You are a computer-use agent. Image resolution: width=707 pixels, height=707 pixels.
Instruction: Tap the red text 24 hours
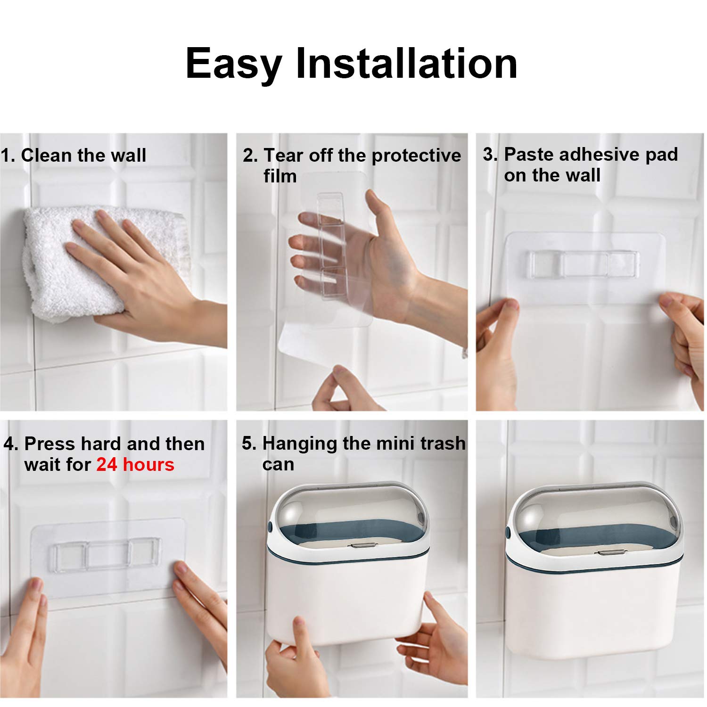pos(135,465)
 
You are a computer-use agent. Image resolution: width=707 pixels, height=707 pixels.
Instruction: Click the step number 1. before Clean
pos(8,155)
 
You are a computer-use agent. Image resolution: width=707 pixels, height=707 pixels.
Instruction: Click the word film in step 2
pos(280,176)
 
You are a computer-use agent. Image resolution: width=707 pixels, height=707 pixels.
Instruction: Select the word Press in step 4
pos(49,444)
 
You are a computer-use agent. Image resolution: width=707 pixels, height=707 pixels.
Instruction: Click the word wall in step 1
pos(128,155)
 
